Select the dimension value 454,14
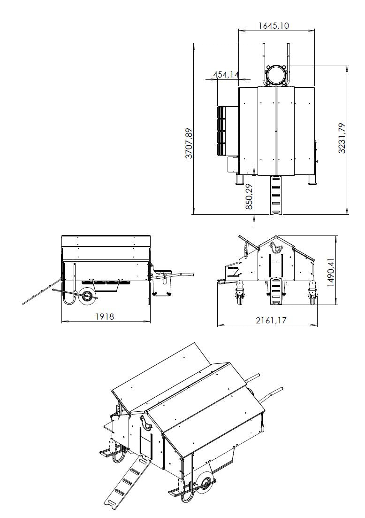click(226, 74)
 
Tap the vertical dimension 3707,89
click(189, 143)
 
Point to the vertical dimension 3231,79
click(342, 138)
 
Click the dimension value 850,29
click(249, 196)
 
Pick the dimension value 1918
click(105, 316)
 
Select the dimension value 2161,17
click(271, 320)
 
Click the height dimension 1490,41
click(331, 271)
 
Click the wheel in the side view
click(87, 297)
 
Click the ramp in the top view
click(276, 195)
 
